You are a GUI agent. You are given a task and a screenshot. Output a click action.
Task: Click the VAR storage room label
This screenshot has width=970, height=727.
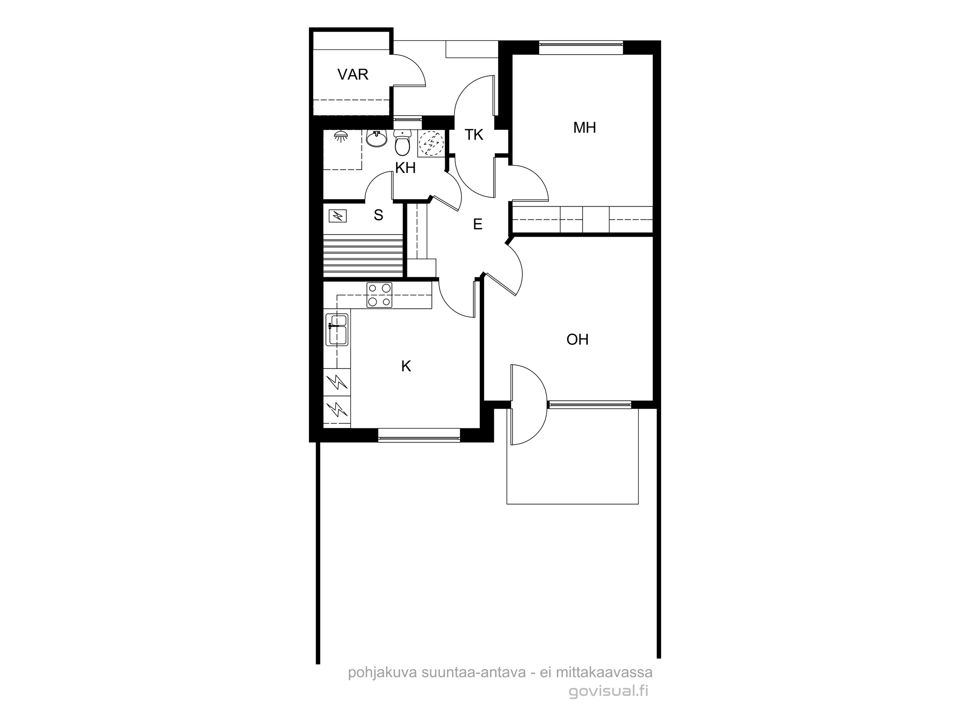353,75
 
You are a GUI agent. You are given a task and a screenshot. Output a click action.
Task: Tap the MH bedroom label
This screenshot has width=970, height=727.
584,128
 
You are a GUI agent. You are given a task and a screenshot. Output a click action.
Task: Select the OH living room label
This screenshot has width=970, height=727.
578,340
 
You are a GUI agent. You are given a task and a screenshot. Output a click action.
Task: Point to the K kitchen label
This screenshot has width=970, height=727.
406,366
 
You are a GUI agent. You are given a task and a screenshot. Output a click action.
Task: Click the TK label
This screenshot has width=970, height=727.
474,135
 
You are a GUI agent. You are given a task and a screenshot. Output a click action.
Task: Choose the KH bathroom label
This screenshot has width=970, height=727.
405,168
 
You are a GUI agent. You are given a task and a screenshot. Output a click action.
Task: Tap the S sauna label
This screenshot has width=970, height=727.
378,215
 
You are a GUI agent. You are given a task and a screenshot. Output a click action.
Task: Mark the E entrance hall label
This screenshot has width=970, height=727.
478,224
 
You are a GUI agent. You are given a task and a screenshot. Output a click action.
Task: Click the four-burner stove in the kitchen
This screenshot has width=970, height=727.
379,295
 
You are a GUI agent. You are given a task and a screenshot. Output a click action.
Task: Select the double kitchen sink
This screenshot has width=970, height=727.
338,330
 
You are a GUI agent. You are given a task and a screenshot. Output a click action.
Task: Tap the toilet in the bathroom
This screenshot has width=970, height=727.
402,142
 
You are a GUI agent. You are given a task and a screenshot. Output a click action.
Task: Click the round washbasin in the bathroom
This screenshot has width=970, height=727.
376,139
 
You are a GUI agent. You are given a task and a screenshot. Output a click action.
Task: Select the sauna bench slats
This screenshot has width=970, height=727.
363,255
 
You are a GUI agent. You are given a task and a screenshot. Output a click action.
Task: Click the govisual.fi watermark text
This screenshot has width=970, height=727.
608,691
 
